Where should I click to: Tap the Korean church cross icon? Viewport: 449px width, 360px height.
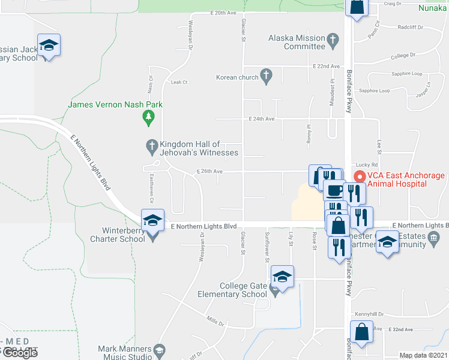[x=267, y=76]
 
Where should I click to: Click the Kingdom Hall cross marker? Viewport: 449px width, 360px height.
[x=152, y=146]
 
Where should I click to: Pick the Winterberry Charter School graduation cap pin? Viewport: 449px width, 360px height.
[x=153, y=220]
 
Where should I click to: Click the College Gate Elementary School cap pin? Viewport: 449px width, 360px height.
[x=282, y=276]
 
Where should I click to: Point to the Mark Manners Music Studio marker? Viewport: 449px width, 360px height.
[x=159, y=350]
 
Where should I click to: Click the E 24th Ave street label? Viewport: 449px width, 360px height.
[x=262, y=119]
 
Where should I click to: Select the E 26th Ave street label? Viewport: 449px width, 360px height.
[x=209, y=172]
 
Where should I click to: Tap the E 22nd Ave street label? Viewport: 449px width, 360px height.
[x=327, y=66]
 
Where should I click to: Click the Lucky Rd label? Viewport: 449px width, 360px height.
[x=366, y=164]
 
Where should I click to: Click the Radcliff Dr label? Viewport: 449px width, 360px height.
[x=411, y=27]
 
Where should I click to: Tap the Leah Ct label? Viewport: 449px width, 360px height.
[x=179, y=82]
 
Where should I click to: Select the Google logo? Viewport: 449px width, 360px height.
[x=20, y=353]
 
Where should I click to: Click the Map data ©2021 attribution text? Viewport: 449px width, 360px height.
[x=423, y=355]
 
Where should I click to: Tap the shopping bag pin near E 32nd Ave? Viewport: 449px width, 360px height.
[x=363, y=332]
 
